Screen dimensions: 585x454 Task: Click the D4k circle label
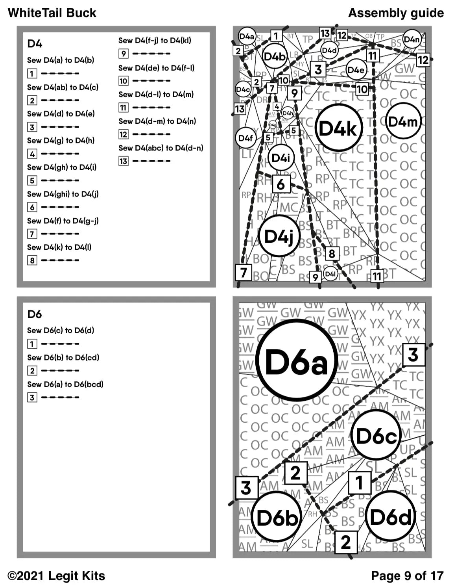tap(338, 128)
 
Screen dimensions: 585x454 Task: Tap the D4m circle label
tap(402, 121)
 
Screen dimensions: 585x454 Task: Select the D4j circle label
tap(279, 236)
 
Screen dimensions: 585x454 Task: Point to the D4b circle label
tap(274, 57)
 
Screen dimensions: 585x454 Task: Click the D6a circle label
tap(297, 360)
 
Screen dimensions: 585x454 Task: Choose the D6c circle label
tap(376, 435)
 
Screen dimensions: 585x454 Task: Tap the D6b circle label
tap(277, 517)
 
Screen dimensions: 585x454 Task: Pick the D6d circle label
tap(391, 516)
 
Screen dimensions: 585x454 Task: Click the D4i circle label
tap(281, 158)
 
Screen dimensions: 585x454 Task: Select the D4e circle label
tap(356, 70)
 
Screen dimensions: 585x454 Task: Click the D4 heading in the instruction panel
tap(35, 43)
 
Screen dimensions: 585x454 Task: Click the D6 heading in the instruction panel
tap(35, 314)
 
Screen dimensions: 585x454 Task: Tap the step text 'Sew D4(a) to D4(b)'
tap(61, 60)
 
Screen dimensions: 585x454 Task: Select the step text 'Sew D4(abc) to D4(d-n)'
tap(161, 148)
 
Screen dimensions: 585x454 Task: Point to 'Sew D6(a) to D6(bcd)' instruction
tap(65, 384)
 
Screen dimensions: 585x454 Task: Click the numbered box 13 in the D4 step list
tap(123, 161)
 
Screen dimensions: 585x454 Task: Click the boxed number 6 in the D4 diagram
tap(281, 184)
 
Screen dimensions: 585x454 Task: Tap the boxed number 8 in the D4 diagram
tap(332, 254)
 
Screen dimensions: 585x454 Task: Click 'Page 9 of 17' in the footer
tap(407, 576)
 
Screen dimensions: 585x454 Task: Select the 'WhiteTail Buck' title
tap(52, 13)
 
